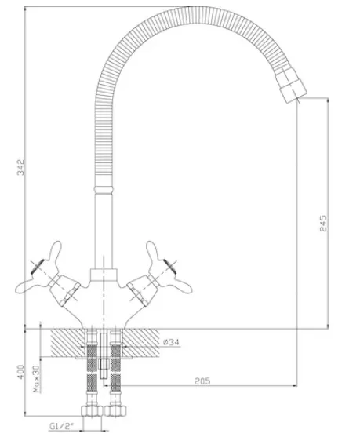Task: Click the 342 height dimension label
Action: click(21, 167)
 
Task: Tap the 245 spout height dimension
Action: click(323, 223)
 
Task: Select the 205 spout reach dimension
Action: click(202, 381)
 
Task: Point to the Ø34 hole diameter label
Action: click(171, 342)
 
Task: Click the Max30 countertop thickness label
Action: click(36, 379)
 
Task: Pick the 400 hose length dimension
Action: click(21, 372)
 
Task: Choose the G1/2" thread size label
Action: click(62, 427)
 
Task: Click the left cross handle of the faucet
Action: click(45, 275)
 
